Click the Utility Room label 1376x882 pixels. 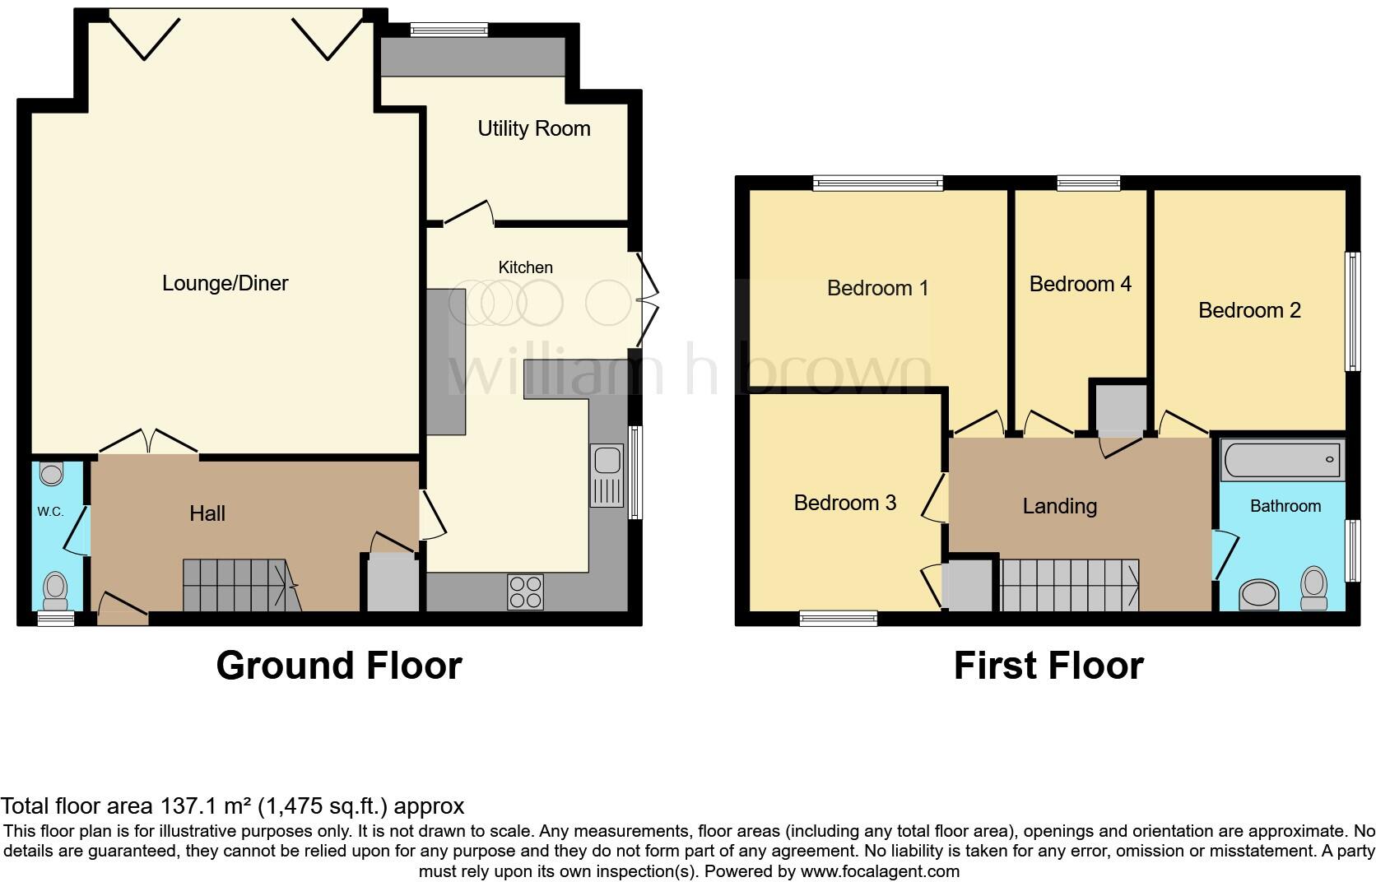point(534,128)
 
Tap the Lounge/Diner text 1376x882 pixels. point(225,283)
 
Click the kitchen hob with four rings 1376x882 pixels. point(525,592)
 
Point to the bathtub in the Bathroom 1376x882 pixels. point(1282,460)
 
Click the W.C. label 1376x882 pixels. point(50,512)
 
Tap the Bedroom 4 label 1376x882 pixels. point(1080,284)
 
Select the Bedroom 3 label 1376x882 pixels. point(844,503)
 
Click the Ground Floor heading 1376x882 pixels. point(338,665)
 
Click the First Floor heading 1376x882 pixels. point(1048,665)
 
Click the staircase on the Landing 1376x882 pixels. point(1070,585)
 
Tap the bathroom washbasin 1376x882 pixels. point(1258,593)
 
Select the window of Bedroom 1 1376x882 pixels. point(877,183)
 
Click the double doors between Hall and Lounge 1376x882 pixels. point(149,442)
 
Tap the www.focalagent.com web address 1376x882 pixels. point(880,870)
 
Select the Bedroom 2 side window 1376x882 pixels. point(1351,311)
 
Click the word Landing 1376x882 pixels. point(1059,506)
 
